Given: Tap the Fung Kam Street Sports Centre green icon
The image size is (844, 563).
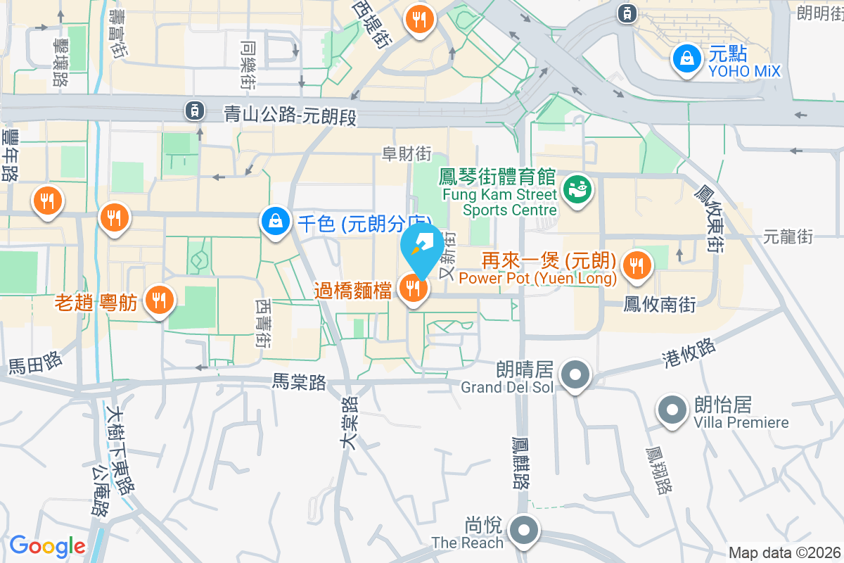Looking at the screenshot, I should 577,191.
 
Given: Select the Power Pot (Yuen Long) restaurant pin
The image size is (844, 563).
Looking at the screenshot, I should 637,266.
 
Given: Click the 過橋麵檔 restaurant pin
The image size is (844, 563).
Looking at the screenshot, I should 413,288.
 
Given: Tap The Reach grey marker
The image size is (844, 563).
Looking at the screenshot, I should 524,531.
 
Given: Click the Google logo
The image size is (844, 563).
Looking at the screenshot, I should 47,545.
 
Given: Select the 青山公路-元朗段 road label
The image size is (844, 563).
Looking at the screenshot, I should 290,114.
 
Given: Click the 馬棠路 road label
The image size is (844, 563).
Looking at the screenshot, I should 300,382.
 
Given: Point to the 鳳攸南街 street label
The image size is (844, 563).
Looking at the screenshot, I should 659,305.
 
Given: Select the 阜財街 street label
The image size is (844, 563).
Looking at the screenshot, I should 407,153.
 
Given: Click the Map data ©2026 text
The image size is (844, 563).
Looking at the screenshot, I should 784,553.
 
